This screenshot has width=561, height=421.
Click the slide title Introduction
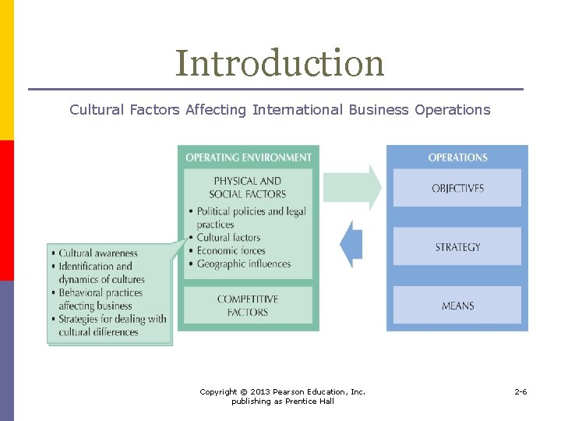pos(280,63)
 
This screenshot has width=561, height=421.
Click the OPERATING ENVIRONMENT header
pos(248,157)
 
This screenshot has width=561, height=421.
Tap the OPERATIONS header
pos(457,157)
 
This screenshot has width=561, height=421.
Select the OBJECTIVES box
pos(457,188)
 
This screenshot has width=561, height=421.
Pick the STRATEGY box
pos(457,247)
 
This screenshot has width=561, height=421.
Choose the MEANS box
pos(457,306)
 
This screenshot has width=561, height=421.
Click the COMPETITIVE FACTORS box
pos(248,306)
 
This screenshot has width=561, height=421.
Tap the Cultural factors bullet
pos(228,238)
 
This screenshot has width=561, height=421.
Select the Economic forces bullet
pos(231,251)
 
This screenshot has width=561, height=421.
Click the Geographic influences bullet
pos(243,264)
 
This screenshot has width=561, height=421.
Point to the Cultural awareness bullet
pos(97,253)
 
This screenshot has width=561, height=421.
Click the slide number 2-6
pos(520,391)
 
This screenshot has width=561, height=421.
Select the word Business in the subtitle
pos(379,110)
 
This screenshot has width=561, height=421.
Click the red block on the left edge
pos(6,210)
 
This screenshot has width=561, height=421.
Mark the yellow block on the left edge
pos(6,70)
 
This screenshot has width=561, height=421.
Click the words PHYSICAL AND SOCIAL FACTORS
pos(248,188)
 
